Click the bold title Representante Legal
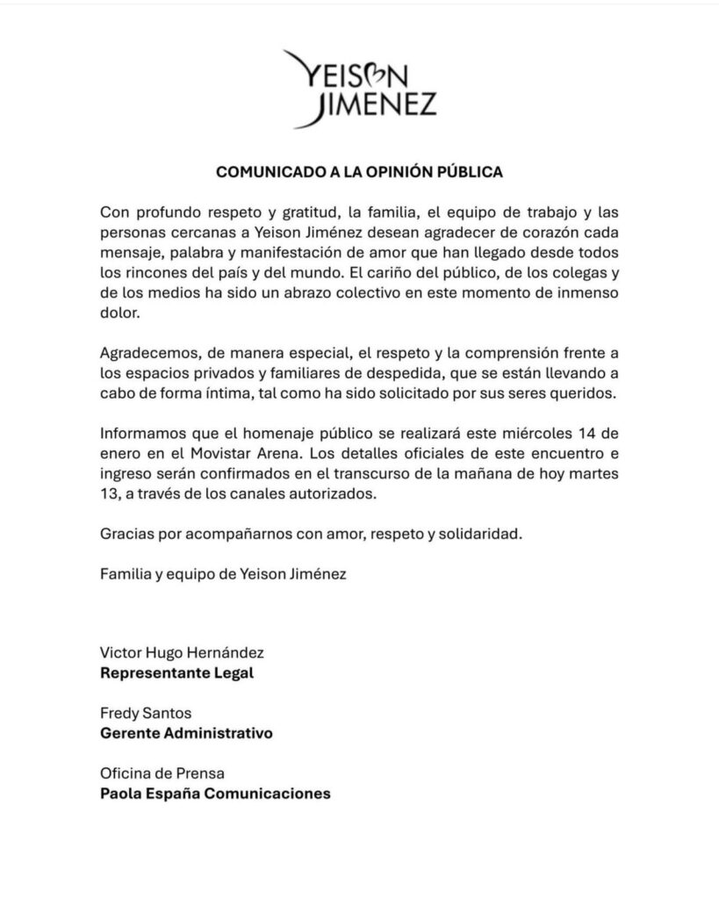[x=179, y=676]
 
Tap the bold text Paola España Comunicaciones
[x=216, y=793]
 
